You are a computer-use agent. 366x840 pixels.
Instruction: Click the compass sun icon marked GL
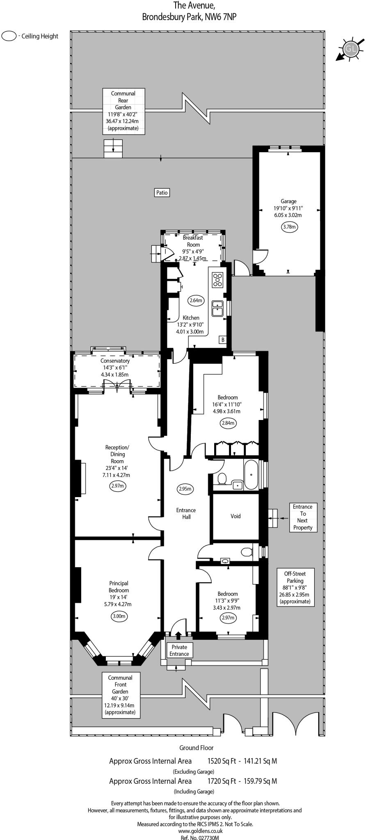click(350, 49)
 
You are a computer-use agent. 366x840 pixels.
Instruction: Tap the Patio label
click(162, 192)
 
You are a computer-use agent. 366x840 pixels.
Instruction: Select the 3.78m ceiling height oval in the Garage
click(289, 226)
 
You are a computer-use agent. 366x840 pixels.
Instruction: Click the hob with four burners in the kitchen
click(217, 280)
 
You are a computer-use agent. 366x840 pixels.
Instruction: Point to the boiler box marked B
click(223, 340)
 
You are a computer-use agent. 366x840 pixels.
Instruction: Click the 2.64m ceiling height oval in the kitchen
click(196, 300)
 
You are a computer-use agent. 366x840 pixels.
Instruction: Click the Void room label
click(236, 516)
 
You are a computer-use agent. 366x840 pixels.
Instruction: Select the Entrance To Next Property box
click(302, 517)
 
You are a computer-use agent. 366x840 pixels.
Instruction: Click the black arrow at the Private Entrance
click(178, 635)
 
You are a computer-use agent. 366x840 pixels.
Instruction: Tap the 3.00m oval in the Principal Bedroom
click(119, 616)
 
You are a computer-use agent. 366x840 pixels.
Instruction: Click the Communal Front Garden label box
click(121, 695)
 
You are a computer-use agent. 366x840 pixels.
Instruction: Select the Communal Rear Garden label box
click(123, 111)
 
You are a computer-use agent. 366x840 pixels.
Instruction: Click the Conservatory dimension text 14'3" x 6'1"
click(115, 367)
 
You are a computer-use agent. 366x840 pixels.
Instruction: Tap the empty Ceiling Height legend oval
click(9, 36)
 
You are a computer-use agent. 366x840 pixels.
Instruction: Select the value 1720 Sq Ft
click(222, 781)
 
